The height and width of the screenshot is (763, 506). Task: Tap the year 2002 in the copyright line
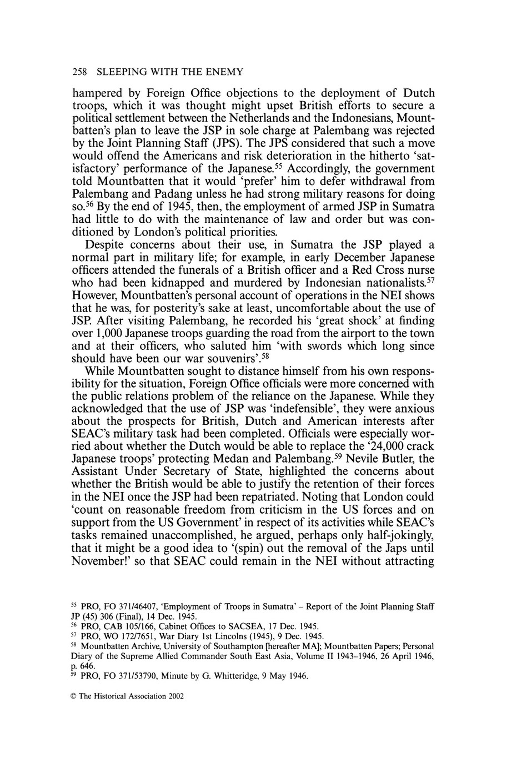tap(174, 695)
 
